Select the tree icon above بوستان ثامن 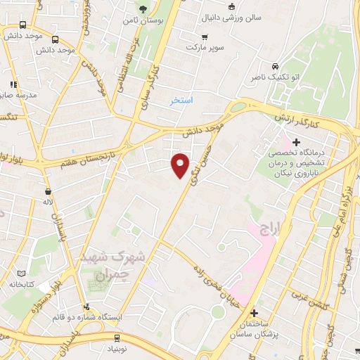(143, 9)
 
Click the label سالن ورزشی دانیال (211, 15)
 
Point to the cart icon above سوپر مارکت (205, 36)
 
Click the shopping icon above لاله (48, 192)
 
